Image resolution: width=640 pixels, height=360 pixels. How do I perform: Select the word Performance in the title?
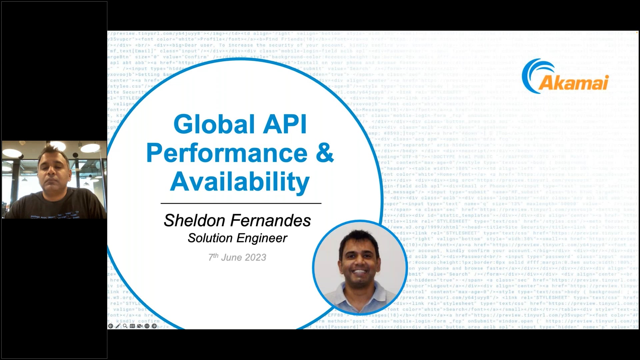coord(227,153)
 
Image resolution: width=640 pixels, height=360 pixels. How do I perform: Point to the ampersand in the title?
coord(324,153)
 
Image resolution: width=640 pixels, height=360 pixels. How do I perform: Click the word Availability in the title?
coord(240,182)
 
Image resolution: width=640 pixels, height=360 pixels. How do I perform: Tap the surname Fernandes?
coord(270,220)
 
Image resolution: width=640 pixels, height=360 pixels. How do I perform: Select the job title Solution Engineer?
coord(237,238)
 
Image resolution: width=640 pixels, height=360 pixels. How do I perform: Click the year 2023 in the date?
coord(255,257)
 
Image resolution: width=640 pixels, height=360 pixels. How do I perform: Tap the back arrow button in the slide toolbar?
coord(111,326)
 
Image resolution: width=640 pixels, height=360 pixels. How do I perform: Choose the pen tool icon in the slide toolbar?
coord(118,326)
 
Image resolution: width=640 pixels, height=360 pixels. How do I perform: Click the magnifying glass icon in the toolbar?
coord(125,326)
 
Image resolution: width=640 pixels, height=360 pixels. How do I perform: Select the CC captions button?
coord(132,326)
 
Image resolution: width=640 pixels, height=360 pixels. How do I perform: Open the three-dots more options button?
coord(147,326)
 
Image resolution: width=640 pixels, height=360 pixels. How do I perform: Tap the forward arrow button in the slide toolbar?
coord(154,326)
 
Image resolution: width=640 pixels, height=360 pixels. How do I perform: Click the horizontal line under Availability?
coord(241,203)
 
